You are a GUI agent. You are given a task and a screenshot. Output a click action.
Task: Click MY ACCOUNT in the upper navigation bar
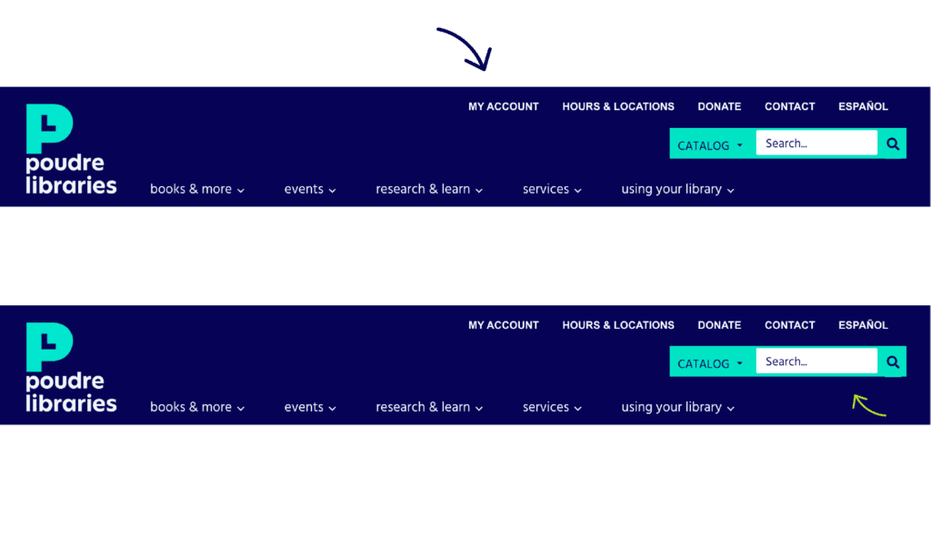(503, 106)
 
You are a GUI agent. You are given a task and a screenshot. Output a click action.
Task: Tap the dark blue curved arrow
(467, 47)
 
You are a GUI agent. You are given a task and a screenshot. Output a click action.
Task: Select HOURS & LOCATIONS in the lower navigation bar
(618, 325)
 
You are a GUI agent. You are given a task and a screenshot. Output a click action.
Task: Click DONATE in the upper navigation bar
(719, 106)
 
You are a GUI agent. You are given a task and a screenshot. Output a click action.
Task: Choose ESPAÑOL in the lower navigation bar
(863, 325)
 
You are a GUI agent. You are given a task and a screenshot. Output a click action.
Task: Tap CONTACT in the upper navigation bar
(789, 106)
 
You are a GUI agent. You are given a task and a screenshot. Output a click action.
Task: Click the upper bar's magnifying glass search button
(893, 143)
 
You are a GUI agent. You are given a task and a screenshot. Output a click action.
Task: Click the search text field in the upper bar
(816, 143)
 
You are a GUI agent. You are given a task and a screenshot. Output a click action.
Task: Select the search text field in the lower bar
(816, 361)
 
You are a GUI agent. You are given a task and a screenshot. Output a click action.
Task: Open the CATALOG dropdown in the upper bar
(711, 145)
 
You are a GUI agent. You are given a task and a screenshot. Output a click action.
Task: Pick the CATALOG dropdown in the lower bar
(711, 363)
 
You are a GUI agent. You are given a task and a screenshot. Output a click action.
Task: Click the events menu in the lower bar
(310, 407)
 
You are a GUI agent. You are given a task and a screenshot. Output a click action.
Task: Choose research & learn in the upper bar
(429, 189)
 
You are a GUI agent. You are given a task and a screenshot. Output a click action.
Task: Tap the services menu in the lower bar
(552, 407)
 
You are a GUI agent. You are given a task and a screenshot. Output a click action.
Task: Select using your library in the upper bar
(677, 189)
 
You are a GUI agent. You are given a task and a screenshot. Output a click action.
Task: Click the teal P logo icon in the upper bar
(49, 128)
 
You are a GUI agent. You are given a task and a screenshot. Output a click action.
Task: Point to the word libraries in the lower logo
(71, 403)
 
